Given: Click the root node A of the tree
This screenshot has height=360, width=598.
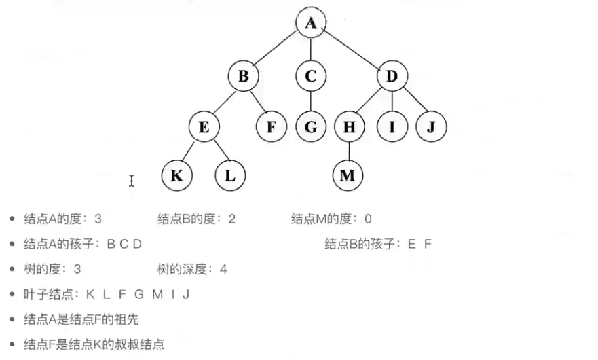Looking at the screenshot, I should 310,23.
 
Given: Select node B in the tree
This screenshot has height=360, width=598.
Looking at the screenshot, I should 243,76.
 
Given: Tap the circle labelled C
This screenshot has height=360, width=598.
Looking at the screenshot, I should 310,76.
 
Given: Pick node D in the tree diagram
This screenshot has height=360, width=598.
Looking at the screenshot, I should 392,76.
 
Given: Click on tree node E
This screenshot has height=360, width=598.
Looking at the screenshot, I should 204,126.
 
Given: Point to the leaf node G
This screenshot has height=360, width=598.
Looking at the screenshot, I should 310,126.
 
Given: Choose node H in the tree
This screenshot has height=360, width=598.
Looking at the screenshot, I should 349,126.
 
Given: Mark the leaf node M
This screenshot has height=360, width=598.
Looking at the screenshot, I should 348,176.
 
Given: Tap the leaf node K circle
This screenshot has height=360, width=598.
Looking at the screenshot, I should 176,176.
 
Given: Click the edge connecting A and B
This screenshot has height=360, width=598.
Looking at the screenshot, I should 276,50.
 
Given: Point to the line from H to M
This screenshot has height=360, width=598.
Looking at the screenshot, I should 348,151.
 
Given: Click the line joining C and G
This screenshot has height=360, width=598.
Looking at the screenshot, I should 310,101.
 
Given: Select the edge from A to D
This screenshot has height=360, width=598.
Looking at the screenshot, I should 351,50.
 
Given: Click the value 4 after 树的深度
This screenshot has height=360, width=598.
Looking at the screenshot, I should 223,270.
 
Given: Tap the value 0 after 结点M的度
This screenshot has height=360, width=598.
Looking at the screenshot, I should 368,219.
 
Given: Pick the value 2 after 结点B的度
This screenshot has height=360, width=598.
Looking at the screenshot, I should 232,219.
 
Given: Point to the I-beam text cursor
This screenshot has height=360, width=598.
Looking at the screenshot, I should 132,180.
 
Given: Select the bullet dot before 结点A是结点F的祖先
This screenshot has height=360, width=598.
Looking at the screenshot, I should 12,319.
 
